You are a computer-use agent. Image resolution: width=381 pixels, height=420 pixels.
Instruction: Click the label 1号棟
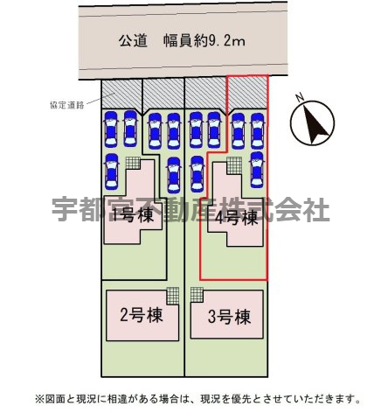[133, 216]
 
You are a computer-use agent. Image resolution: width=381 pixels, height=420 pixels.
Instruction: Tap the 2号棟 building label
[142, 315]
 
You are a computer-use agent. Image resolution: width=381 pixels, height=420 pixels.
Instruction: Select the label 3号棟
[229, 317]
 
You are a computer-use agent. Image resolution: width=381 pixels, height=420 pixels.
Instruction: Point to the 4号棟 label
[236, 217]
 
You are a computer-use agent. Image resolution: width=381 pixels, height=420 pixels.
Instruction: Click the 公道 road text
[133, 41]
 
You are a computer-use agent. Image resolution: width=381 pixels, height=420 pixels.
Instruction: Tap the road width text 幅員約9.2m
[204, 41]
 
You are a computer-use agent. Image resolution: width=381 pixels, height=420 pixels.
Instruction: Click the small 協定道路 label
[67, 105]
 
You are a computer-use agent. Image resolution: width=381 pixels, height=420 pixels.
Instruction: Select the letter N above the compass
[300, 97]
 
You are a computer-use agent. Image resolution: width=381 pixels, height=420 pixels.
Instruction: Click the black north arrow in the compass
[315, 124]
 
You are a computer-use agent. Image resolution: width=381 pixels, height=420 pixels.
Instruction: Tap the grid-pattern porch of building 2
[173, 296]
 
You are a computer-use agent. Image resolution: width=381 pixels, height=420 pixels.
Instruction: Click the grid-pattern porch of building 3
[197, 295]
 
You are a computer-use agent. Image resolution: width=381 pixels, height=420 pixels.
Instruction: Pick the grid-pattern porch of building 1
[133, 163]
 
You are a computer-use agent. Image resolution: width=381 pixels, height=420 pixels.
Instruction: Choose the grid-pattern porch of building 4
[234, 165]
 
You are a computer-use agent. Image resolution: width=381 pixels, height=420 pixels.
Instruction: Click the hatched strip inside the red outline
[247, 92]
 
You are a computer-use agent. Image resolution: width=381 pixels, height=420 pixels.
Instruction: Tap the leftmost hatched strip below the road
[121, 94]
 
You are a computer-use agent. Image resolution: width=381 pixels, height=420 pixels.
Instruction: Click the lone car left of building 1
[112, 171]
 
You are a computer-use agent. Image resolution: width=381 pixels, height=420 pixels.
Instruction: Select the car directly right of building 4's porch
[257, 170]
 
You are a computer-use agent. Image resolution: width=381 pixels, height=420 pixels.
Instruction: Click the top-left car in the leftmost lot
[111, 129]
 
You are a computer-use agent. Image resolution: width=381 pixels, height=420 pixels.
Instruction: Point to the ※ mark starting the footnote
[39, 398]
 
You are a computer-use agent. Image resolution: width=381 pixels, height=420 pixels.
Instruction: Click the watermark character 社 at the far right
[316, 209]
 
